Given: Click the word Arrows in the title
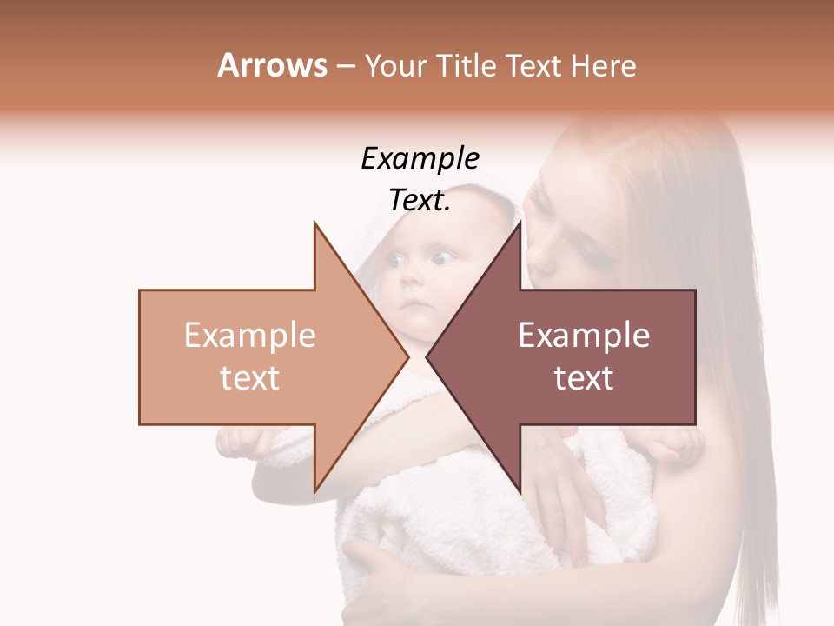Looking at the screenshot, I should (272, 65).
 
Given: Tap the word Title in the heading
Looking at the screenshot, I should (467, 65).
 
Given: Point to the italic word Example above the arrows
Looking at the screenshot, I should (420, 158).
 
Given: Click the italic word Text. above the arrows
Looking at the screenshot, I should (420, 201).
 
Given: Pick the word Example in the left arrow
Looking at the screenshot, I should (250, 336).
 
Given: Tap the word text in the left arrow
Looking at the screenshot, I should (250, 378).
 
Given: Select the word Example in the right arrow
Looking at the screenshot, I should (584, 336).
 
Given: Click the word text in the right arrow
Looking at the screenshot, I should (584, 378).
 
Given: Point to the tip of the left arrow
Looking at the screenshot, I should (407, 356).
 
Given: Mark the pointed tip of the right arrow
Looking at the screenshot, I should (427, 356).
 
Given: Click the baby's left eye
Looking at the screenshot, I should (443, 257).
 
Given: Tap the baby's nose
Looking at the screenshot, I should (416, 283).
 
